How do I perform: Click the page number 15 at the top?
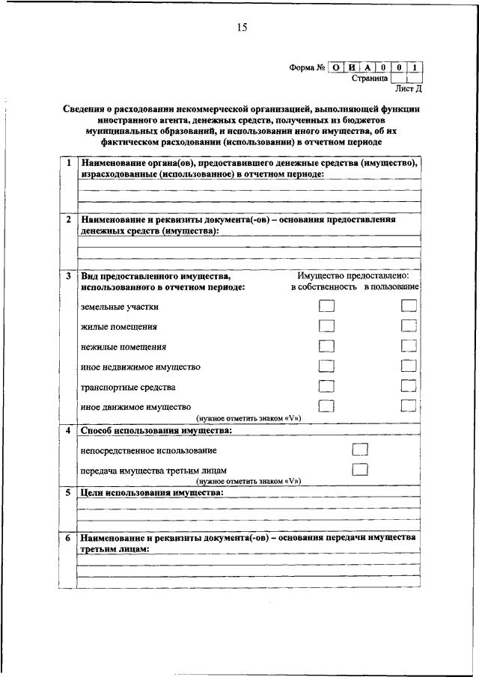242,28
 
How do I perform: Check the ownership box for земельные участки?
326,306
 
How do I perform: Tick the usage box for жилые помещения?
408,325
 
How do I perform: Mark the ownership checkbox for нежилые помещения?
326,346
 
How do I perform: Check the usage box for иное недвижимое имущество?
408,367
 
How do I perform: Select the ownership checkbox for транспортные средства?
326,387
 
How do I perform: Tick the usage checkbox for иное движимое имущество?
408,406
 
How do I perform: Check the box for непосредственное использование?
360,450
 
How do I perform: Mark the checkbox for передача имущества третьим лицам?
360,470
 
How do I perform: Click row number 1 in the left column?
68,162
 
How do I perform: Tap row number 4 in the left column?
68,432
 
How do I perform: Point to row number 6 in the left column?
68,538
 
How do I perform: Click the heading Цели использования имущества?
153,494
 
